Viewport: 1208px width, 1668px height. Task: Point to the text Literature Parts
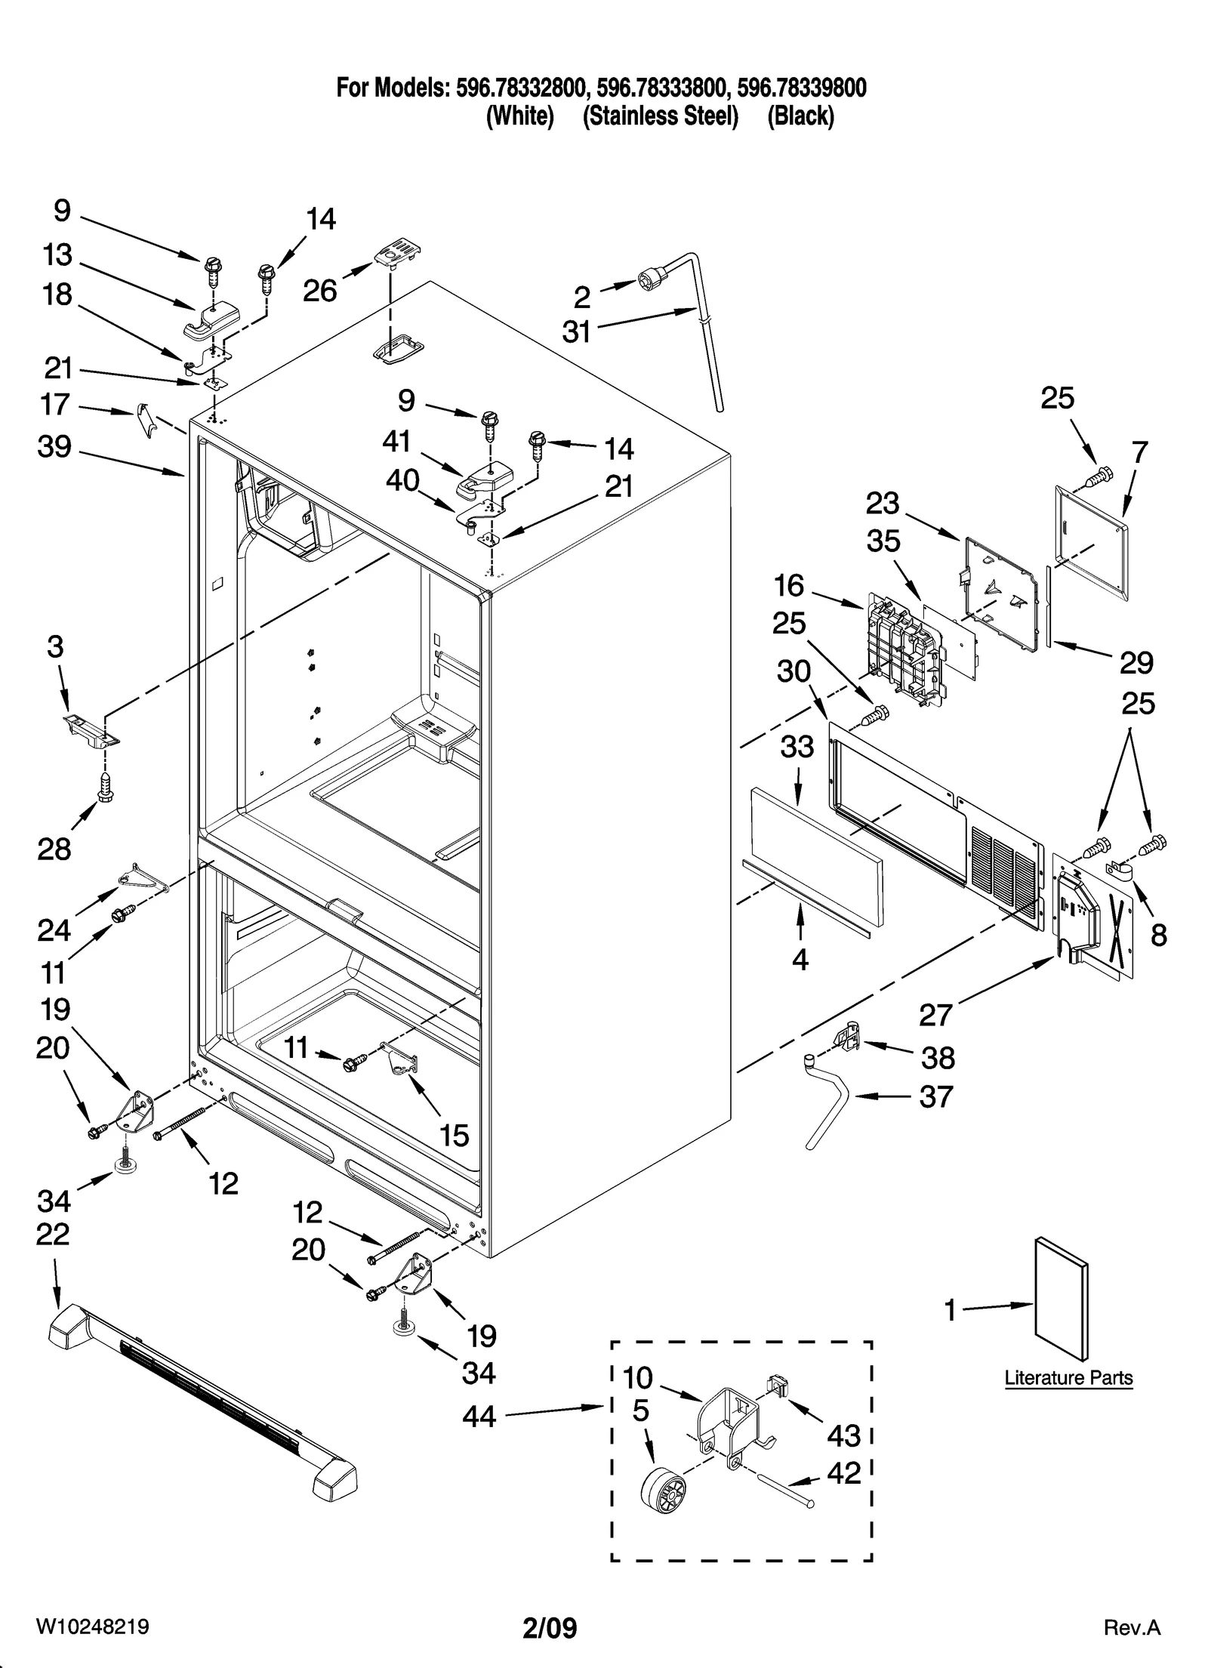(x=1068, y=1378)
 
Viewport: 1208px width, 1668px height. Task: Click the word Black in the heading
(x=800, y=117)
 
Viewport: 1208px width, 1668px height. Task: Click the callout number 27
(x=935, y=1014)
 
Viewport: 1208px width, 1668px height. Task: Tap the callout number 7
(x=1139, y=453)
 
